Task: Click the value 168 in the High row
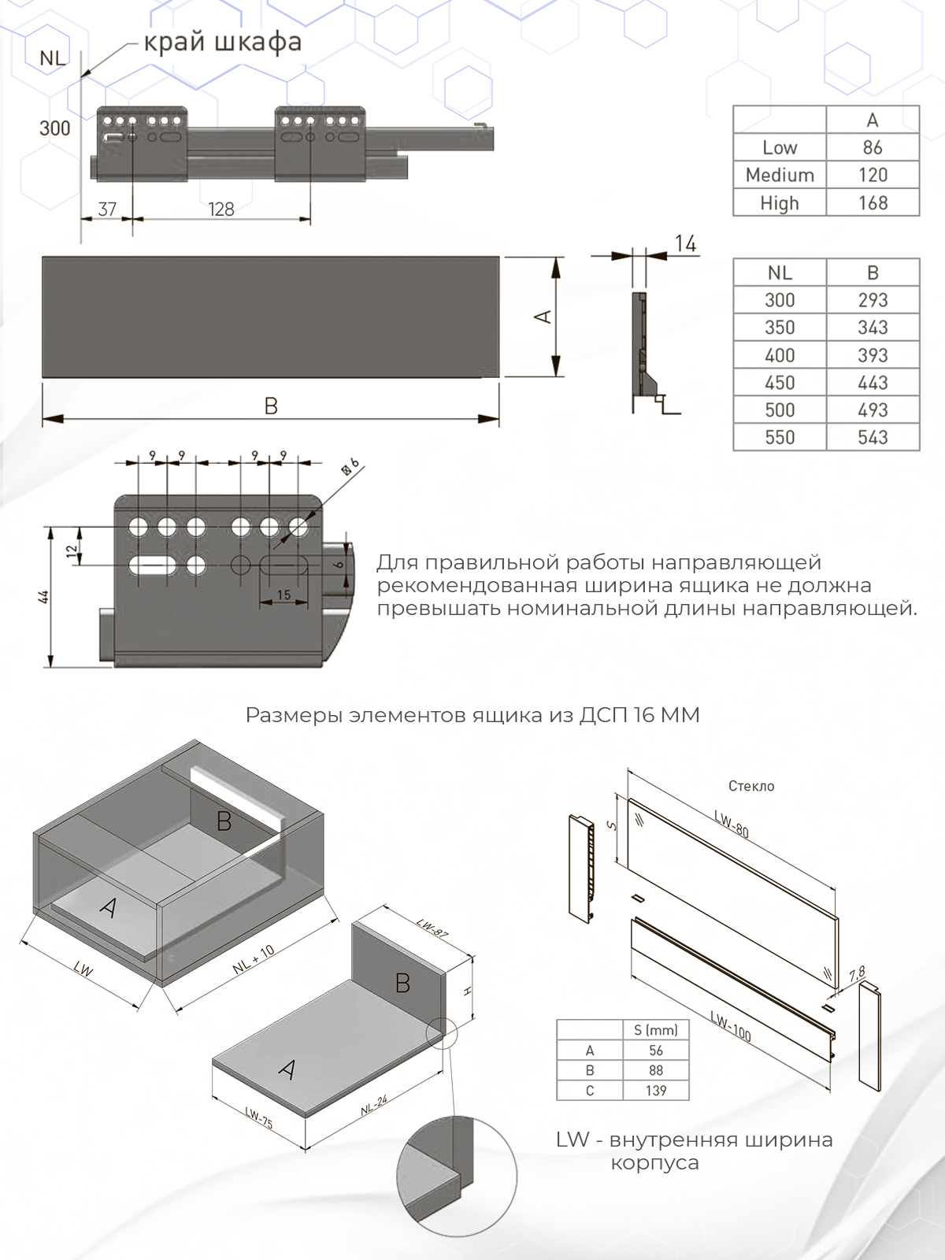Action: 873,202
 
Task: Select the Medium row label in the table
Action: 780,175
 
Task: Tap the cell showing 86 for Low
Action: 873,147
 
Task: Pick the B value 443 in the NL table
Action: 873,383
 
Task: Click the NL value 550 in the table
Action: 780,437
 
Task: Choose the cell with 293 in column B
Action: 873,300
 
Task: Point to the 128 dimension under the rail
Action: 221,209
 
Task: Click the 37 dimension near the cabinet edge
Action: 107,209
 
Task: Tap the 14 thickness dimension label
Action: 685,244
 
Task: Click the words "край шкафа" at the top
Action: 222,42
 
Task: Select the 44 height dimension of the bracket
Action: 45,597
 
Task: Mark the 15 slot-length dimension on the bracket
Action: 283,595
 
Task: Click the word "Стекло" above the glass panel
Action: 751,786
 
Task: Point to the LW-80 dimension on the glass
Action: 732,824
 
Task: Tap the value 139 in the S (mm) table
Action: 656,1091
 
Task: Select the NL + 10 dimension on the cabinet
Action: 254,960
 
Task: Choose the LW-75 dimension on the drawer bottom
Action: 258,1117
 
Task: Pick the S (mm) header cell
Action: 656,1030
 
